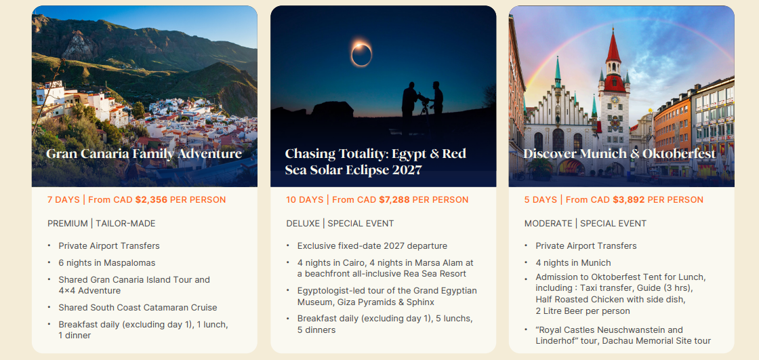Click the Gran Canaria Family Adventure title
[144, 154]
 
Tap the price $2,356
[152, 199]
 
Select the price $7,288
[394, 199]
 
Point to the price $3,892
[628, 199]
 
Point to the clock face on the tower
[615, 100]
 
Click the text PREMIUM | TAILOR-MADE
[101, 223]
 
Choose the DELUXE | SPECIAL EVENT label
[340, 223]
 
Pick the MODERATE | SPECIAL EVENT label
[586, 223]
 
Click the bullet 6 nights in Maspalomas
[107, 262]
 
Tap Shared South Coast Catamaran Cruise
[138, 307]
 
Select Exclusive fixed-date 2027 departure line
[372, 245]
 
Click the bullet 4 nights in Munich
[573, 262]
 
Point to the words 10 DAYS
[304, 199]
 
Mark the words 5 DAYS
[540, 199]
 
